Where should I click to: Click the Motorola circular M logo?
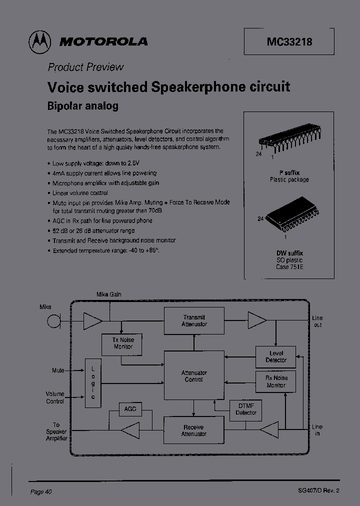tap(39, 41)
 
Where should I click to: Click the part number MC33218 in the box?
tap(289, 42)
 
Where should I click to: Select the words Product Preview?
tap(85, 67)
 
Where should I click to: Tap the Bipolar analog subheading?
tap(82, 106)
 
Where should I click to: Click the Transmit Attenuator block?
tap(194, 321)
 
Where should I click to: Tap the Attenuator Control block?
tap(194, 376)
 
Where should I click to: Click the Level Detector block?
tap(276, 356)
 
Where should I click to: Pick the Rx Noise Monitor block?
tap(276, 382)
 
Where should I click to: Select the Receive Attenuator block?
tap(194, 430)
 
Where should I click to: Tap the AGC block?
tap(130, 409)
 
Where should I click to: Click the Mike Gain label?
tap(108, 294)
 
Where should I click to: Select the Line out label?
tap(317, 321)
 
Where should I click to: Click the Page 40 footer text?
tap(41, 491)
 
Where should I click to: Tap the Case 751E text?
tap(289, 267)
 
